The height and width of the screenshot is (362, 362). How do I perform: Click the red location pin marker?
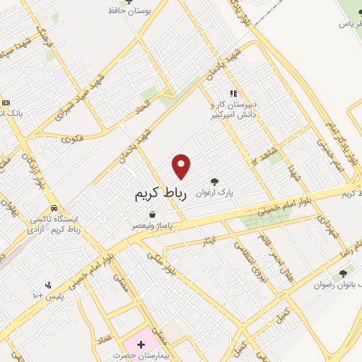coord(182,166)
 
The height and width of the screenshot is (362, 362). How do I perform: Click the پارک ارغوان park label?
coord(216,192)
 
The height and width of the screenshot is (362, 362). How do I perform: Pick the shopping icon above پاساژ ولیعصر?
coord(152,214)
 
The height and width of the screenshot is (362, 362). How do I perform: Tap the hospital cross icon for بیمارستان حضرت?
coord(141,345)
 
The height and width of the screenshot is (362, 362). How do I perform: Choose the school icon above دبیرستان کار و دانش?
coord(233,93)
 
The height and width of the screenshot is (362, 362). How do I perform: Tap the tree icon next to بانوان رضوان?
coord(343,273)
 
